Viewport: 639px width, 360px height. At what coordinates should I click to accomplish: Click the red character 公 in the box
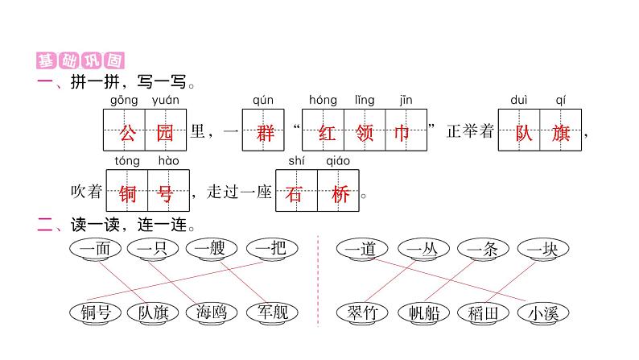(124, 132)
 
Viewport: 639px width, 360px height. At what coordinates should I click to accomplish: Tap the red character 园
(166, 132)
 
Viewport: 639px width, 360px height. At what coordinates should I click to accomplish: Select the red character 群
(263, 132)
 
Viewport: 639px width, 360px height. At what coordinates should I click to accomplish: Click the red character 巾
(405, 132)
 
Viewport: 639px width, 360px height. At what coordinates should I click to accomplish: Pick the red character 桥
(339, 192)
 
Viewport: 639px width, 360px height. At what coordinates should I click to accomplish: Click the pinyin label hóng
(323, 100)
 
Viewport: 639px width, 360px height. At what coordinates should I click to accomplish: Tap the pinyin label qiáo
(338, 160)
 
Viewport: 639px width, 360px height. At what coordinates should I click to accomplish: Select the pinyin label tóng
(127, 160)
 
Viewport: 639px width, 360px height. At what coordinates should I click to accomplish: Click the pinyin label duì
(519, 100)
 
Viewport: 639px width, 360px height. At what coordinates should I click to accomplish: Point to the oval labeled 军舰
(271, 312)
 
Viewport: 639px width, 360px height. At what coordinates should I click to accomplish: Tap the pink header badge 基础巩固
(80, 61)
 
